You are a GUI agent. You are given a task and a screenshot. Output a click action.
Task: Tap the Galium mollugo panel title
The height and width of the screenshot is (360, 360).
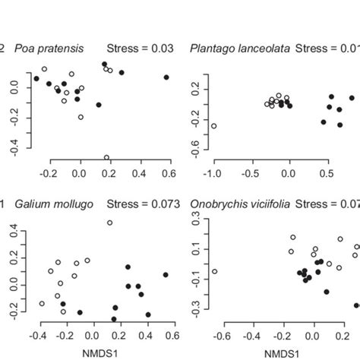pos(52,203)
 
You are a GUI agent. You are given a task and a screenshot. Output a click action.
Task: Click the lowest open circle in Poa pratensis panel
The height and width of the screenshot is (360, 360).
pos(106,158)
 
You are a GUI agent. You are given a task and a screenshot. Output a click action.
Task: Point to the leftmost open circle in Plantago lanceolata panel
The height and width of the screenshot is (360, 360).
pos(214,126)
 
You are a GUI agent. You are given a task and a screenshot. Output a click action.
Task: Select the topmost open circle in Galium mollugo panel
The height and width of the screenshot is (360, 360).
pos(109,223)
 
